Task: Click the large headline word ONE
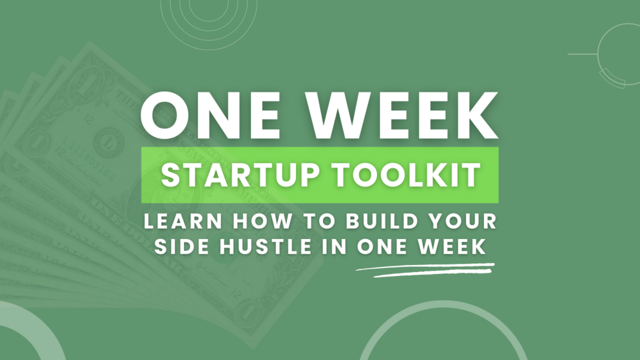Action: click(x=210, y=116)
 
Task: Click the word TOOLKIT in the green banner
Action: click(x=406, y=175)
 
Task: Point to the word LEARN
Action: click(x=183, y=221)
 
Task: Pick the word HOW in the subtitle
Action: click(x=262, y=221)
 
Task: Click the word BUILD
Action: click(x=382, y=221)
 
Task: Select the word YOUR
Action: click(x=463, y=221)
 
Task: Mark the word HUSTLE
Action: click(x=266, y=247)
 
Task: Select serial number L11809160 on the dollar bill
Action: click(x=89, y=159)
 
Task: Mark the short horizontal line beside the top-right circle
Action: click(x=583, y=54)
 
